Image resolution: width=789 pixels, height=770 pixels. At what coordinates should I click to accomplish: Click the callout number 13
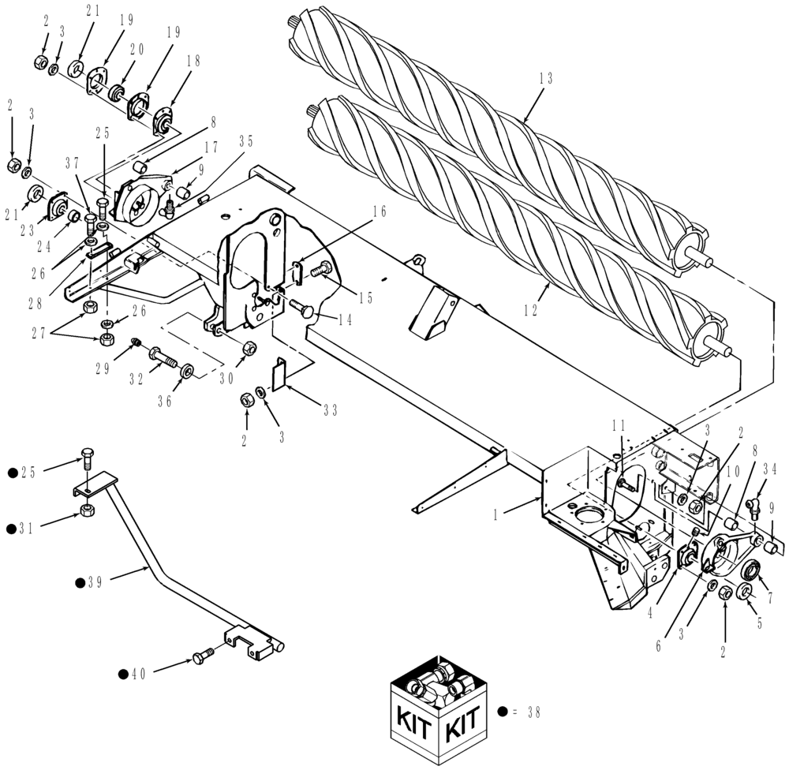coord(546,78)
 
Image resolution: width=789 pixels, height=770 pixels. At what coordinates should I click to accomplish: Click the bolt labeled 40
coord(204,656)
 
